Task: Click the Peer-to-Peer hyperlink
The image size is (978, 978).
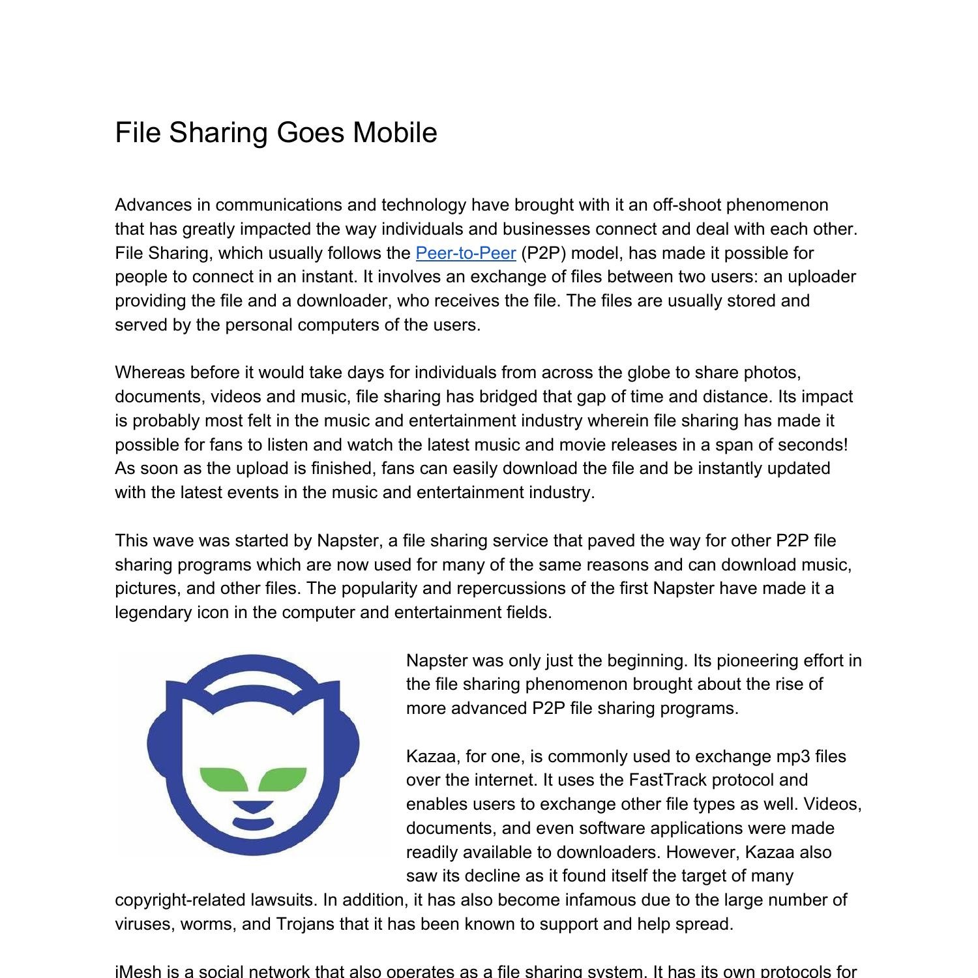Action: pos(466,253)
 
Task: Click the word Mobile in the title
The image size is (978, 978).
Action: pos(394,132)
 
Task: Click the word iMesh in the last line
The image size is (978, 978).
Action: pos(138,971)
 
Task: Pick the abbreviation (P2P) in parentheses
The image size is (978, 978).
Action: pos(543,253)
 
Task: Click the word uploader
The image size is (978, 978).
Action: pos(820,277)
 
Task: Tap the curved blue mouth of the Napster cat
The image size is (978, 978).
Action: pos(253,823)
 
